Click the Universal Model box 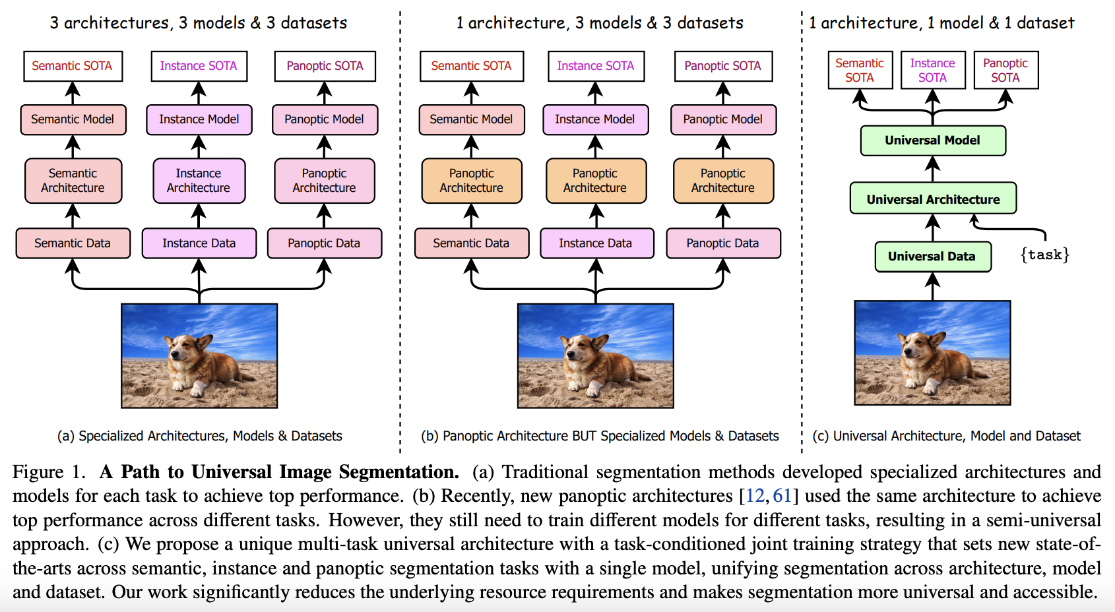point(933,141)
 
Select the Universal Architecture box point(933,199)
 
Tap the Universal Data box point(933,257)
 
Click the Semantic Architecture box point(73,181)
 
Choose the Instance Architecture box point(199,181)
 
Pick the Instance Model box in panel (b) point(595,119)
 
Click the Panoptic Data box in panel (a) point(325,243)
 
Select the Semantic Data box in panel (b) point(471,243)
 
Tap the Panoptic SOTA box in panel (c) point(1006,70)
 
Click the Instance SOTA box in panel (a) point(199,66)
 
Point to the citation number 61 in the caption point(782,495)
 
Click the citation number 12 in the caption point(755,495)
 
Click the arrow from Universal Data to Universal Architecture point(933,228)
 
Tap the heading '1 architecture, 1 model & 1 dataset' point(941,23)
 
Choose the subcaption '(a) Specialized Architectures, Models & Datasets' point(200,436)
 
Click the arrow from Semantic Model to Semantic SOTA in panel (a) point(73,93)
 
